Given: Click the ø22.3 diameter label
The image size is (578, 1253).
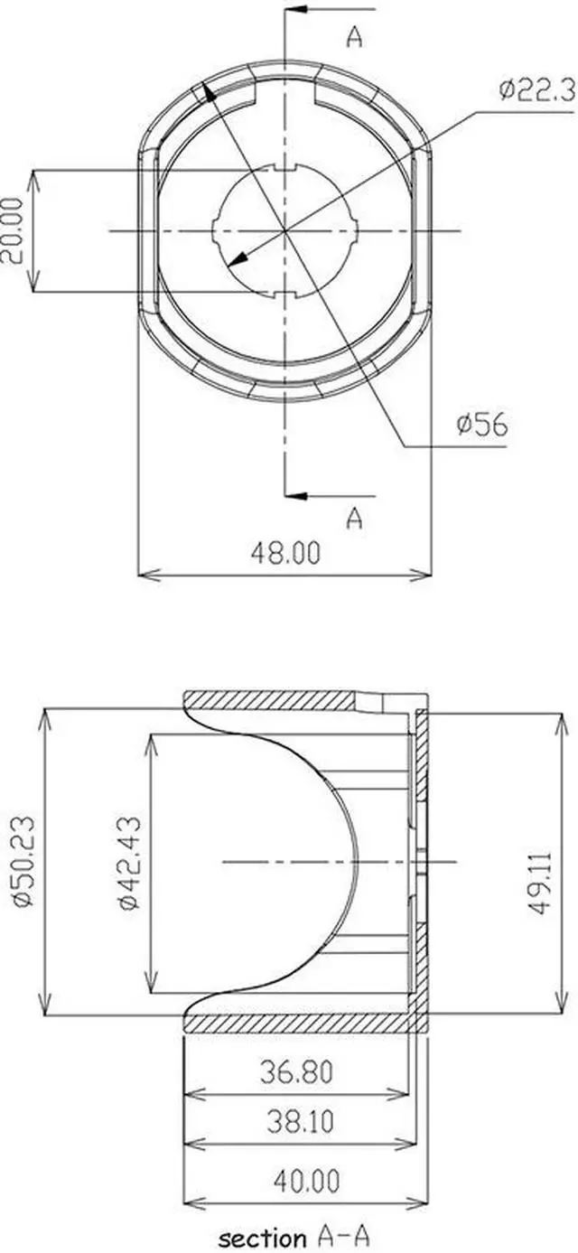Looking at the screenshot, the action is pos(537,90).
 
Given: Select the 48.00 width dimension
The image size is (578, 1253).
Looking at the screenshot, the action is pos(285,553).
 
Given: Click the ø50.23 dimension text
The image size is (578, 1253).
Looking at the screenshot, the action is pos(24,862).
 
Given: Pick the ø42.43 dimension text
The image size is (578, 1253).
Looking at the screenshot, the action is pos(128,863).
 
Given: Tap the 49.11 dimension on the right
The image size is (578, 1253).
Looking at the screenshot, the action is pos(540,884).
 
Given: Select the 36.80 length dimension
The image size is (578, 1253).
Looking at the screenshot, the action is pos(296,1071).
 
